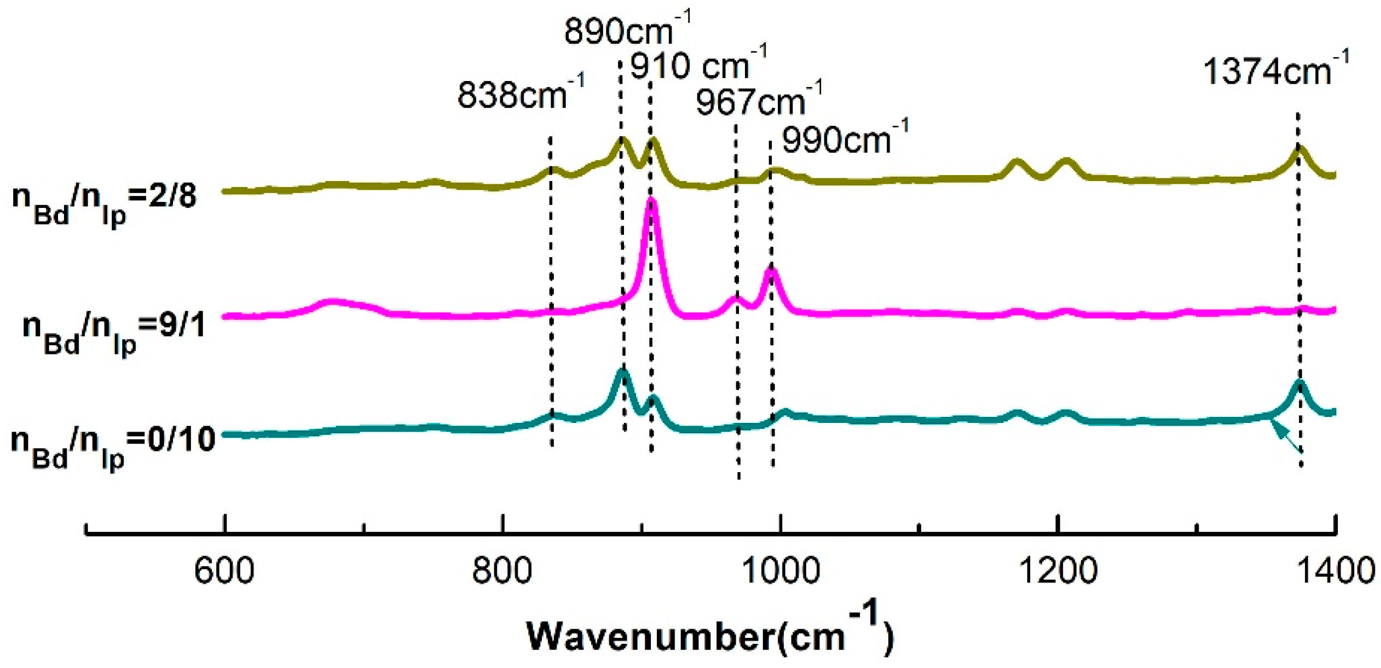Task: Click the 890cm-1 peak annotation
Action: pyautogui.click(x=626, y=30)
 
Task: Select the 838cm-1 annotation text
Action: pyautogui.click(x=520, y=94)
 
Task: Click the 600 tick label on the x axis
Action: pyautogui.click(x=224, y=571)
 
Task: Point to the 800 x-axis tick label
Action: pyautogui.click(x=502, y=571)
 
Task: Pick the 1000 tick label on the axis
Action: pyautogui.click(x=781, y=571)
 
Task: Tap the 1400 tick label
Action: pyautogui.click(x=1336, y=571)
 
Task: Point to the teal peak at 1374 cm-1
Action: pyautogui.click(x=1300, y=385)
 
